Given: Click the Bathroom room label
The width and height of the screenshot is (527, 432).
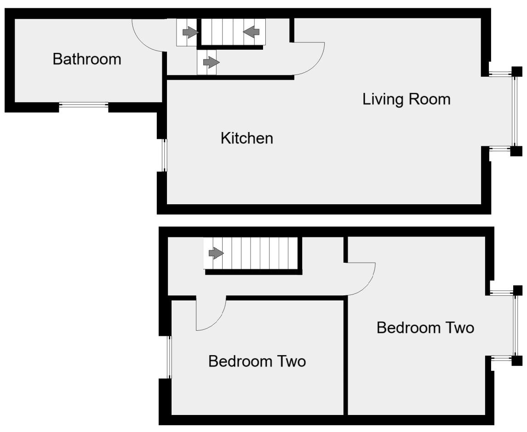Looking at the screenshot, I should click(87, 59).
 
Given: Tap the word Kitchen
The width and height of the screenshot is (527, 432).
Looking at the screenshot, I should click(247, 138).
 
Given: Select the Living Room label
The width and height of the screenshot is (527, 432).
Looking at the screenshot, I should click(407, 99).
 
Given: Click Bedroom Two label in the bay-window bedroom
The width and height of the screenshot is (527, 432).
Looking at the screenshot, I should click(425, 328).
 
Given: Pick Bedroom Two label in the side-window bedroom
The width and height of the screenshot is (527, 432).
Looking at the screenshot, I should click(257, 362).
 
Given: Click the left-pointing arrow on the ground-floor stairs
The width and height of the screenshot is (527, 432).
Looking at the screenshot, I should click(252, 32).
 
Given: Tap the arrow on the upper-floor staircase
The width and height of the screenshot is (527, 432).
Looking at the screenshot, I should click(216, 253).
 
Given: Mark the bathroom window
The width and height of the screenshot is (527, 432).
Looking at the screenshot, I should click(84, 106).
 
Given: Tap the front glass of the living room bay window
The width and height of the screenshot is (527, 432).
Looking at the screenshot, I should click(514, 111).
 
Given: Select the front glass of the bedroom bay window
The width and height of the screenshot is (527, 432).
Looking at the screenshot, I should click(514, 325).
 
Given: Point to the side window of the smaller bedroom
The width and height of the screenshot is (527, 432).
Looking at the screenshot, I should click(169, 357).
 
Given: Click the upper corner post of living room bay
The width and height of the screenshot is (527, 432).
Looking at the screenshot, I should click(517, 71).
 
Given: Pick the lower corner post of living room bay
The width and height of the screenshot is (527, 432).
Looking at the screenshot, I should click(517, 151).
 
